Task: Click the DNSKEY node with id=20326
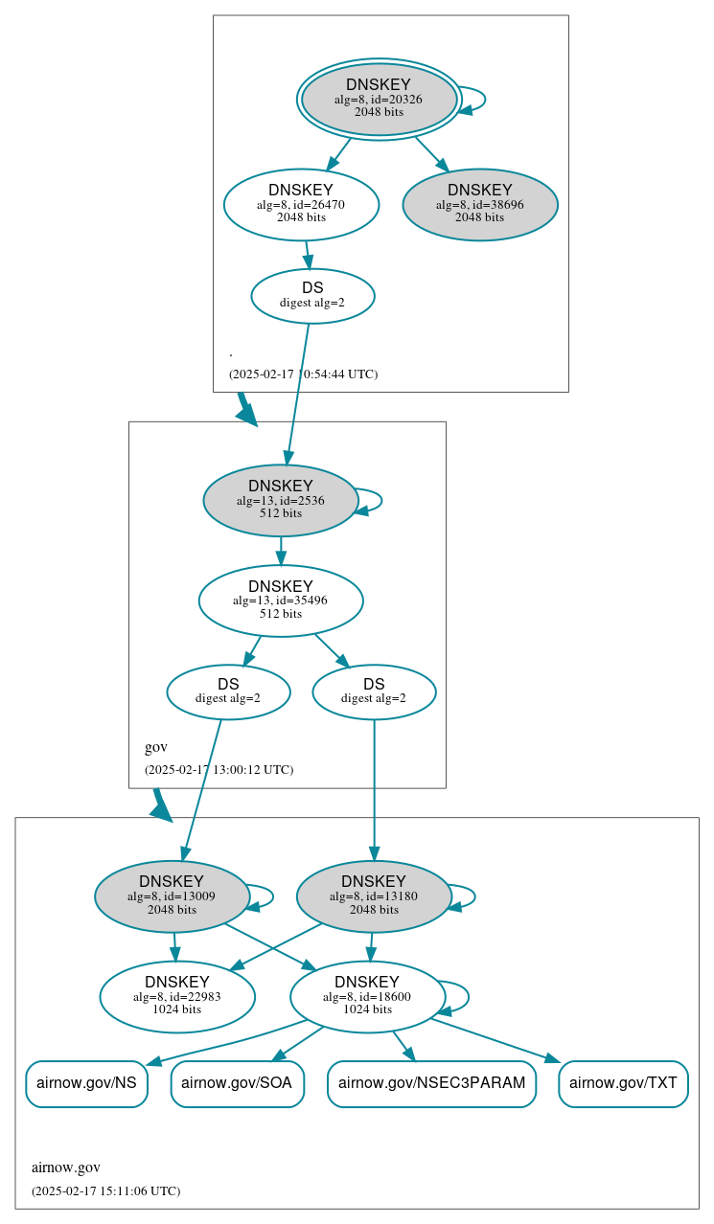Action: [x=379, y=99]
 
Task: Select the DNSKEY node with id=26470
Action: [x=301, y=204]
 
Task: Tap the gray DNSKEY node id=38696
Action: [x=480, y=204]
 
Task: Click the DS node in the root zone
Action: [x=312, y=295]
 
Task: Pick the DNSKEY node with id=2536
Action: [x=281, y=500]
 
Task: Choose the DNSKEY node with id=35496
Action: [x=281, y=601]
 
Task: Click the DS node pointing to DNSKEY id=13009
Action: [x=228, y=691]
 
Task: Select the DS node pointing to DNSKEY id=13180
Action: [x=374, y=691]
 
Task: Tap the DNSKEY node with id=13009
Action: [x=172, y=896]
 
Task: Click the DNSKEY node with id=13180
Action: [x=374, y=896]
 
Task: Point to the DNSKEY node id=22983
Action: [x=177, y=996]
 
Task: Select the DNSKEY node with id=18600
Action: [x=367, y=996]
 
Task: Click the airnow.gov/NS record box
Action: [x=86, y=1083]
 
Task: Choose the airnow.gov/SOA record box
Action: [x=237, y=1083]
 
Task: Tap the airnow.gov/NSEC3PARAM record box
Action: [x=431, y=1083]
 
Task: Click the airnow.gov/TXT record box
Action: [x=623, y=1083]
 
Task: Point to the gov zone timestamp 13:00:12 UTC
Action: [x=219, y=769]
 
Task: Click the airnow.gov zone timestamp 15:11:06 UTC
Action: [x=105, y=1190]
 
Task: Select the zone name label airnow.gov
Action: [x=66, y=1167]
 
